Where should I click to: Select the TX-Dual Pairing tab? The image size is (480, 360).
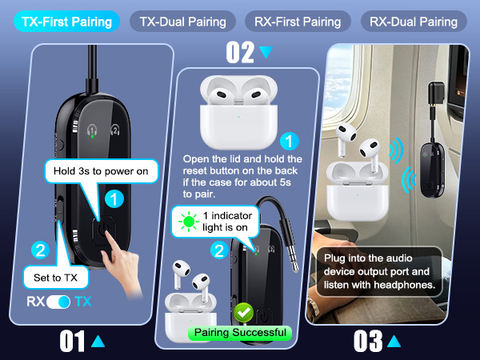pos(182,21)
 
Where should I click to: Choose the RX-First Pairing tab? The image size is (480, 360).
pos(298,21)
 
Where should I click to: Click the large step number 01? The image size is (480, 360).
pos(73,342)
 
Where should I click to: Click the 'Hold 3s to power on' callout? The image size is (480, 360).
pos(101,170)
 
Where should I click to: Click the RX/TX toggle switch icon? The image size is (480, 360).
pos(60,303)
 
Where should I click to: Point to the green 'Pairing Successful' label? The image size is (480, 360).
pos(238,332)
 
